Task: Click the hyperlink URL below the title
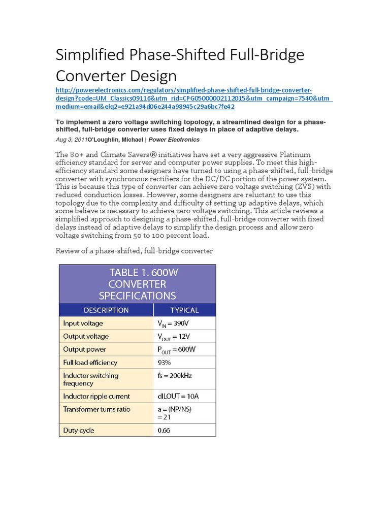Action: (x=193, y=98)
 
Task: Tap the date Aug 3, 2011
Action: (x=71, y=140)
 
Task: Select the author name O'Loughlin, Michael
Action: (x=115, y=140)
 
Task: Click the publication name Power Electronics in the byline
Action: (x=174, y=140)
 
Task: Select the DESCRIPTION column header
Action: (x=106, y=310)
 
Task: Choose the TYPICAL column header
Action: (x=184, y=310)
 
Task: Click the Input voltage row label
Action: (x=82, y=323)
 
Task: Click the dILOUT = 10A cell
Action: (x=180, y=396)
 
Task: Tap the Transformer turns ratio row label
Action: (x=96, y=409)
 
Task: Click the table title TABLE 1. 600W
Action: (x=144, y=272)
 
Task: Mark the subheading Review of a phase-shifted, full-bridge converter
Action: (x=134, y=251)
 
